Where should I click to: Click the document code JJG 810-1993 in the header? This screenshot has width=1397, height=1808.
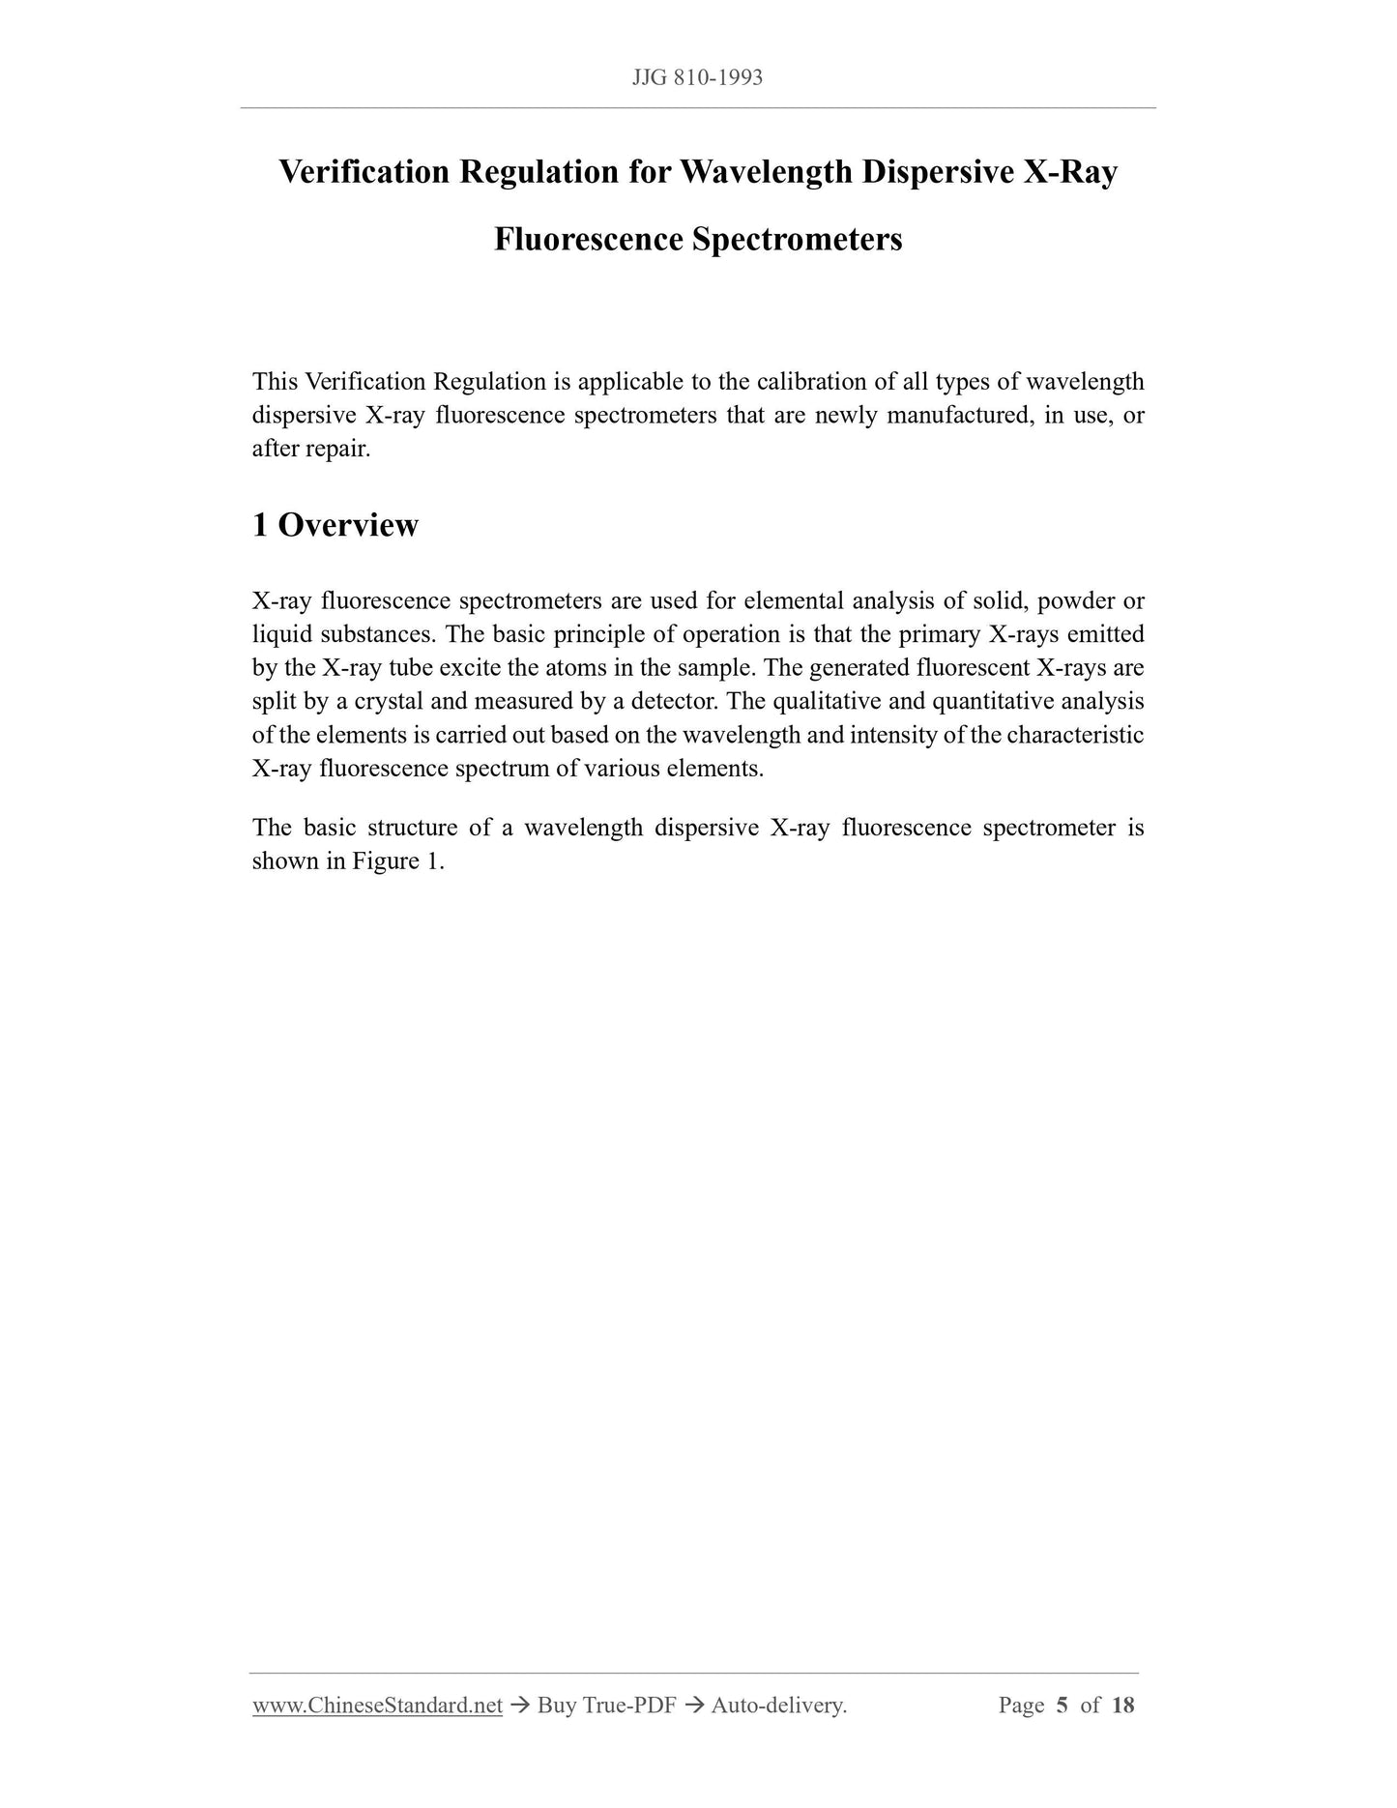coord(697,78)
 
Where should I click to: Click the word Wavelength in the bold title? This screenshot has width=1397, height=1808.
coord(766,172)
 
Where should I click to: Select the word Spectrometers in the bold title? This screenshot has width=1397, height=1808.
coord(797,239)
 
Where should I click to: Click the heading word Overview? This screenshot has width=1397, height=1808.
coord(348,525)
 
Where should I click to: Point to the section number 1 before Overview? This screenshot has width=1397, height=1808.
coord(259,525)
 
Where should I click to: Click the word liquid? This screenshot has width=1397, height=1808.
coord(277,635)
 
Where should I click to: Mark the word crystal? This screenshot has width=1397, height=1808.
coord(390,702)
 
